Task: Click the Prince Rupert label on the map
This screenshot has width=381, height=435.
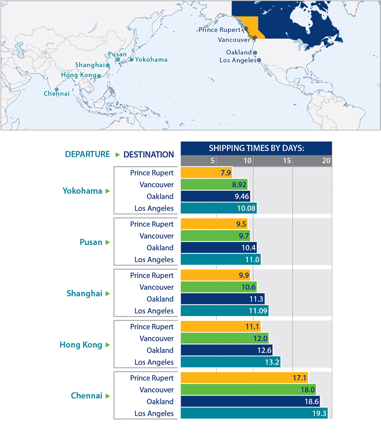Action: click(220, 30)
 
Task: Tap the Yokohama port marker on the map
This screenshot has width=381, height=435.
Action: click(131, 59)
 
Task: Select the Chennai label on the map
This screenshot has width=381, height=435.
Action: click(56, 94)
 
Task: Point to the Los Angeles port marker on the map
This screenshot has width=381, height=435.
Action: click(259, 60)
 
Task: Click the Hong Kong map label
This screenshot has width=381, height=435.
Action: click(79, 75)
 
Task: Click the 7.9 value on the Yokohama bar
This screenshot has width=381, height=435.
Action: click(225, 173)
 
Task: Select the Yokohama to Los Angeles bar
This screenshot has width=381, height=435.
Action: click(218, 208)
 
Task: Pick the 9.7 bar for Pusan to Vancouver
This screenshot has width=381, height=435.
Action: click(215, 236)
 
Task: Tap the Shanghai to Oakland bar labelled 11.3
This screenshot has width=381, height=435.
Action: click(222, 299)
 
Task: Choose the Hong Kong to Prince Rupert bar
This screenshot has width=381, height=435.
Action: click(220, 327)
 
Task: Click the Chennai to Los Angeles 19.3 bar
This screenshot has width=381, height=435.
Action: click(254, 413)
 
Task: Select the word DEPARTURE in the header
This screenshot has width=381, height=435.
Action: click(87, 154)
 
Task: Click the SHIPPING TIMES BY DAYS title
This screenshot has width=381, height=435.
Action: click(257, 148)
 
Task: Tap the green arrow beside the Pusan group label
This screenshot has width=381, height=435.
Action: click(108, 242)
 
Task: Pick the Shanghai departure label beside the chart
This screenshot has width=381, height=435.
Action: click(84, 294)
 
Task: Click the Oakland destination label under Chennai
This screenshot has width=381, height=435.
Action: click(160, 402)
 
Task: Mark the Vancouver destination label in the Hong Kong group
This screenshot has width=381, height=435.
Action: click(157, 338)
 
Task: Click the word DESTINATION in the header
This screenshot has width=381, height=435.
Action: click(149, 155)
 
